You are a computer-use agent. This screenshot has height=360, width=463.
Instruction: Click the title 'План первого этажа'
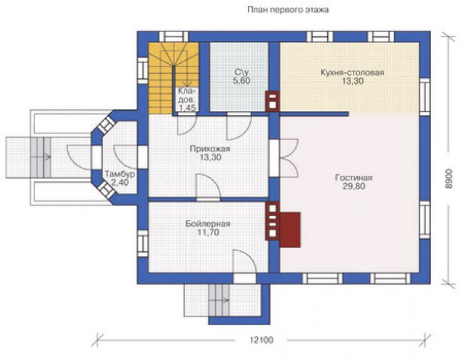click(x=288, y=10)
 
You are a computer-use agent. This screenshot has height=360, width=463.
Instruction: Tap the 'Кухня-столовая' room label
click(x=352, y=73)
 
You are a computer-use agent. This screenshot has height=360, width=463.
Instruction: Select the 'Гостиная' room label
click(x=354, y=178)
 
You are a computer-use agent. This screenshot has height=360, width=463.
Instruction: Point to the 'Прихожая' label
click(x=210, y=149)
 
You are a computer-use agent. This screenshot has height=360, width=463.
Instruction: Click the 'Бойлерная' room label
click(x=208, y=224)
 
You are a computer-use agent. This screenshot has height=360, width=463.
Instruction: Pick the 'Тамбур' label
click(x=120, y=174)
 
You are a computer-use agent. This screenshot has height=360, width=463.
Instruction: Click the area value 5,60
click(x=242, y=80)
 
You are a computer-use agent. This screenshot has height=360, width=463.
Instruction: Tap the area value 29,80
click(x=354, y=186)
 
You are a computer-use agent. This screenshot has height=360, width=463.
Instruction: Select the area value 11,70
click(x=208, y=232)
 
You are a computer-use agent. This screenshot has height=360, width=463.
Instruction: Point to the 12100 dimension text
click(x=262, y=340)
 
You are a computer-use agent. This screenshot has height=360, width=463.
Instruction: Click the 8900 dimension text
click(x=448, y=178)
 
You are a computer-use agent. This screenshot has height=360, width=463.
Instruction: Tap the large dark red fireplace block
click(x=290, y=229)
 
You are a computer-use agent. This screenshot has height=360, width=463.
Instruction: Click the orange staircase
click(x=173, y=78)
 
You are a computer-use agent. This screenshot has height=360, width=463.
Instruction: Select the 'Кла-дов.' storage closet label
click(x=186, y=95)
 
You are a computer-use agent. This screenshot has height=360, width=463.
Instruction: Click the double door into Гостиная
click(x=289, y=158)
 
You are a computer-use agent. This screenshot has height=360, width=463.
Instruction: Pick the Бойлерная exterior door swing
click(x=244, y=262)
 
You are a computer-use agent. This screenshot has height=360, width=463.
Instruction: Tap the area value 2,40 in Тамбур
click(x=120, y=182)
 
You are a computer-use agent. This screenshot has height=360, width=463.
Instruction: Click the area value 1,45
click(x=187, y=108)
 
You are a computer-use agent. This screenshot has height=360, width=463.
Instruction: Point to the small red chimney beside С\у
click(x=272, y=101)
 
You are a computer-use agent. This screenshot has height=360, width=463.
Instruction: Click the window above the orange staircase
click(x=174, y=37)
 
